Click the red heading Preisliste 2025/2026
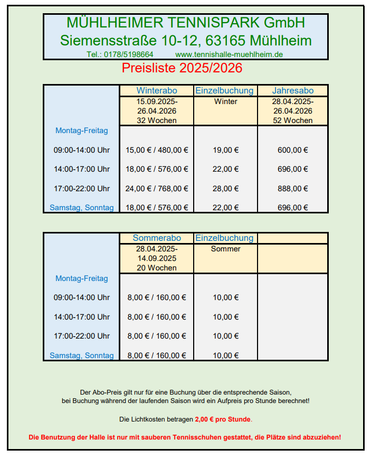pyautogui.click(x=182, y=68)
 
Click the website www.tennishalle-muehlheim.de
pyautogui.click(x=229, y=54)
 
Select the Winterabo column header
pyautogui.click(x=157, y=90)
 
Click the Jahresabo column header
pyautogui.click(x=293, y=90)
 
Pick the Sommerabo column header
pyautogui.click(x=157, y=238)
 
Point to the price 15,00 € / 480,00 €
pyautogui.click(x=157, y=150)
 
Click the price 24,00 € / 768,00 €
pyautogui.click(x=157, y=189)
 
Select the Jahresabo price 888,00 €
pyautogui.click(x=293, y=189)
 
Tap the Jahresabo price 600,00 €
pyautogui.click(x=293, y=150)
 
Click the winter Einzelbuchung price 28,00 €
pyautogui.click(x=226, y=189)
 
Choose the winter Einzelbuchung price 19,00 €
pyautogui.click(x=226, y=150)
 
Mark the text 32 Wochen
pyautogui.click(x=157, y=120)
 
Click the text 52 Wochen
pyautogui.click(x=293, y=120)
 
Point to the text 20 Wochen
pyautogui.click(x=157, y=268)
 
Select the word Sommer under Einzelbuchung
pyautogui.click(x=226, y=249)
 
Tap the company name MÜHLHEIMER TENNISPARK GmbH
pyautogui.click(x=186, y=23)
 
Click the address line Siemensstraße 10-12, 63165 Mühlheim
pyautogui.click(x=186, y=40)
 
